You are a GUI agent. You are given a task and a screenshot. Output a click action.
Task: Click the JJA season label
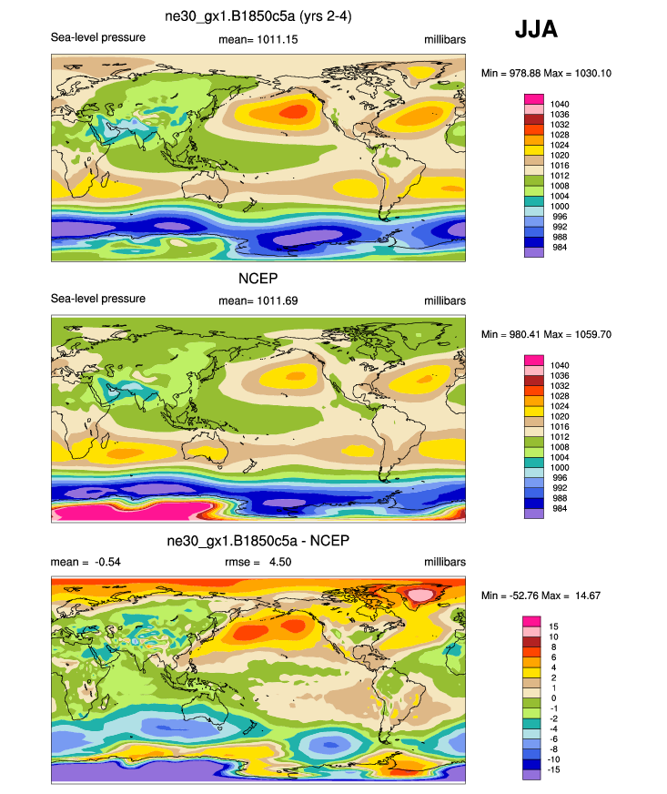(x=536, y=30)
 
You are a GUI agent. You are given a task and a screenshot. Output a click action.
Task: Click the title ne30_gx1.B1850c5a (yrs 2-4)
(x=258, y=19)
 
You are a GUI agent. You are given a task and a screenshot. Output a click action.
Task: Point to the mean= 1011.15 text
(x=258, y=39)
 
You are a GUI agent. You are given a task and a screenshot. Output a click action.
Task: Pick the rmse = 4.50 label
(x=258, y=562)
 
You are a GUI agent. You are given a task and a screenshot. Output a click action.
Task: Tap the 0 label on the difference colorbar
(x=552, y=698)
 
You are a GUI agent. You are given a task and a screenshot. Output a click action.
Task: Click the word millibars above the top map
(x=444, y=39)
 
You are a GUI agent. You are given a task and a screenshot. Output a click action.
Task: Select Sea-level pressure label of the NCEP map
(x=97, y=299)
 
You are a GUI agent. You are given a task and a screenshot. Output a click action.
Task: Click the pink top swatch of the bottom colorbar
(x=532, y=621)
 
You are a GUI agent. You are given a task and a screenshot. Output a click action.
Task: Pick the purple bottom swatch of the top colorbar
(x=532, y=253)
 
